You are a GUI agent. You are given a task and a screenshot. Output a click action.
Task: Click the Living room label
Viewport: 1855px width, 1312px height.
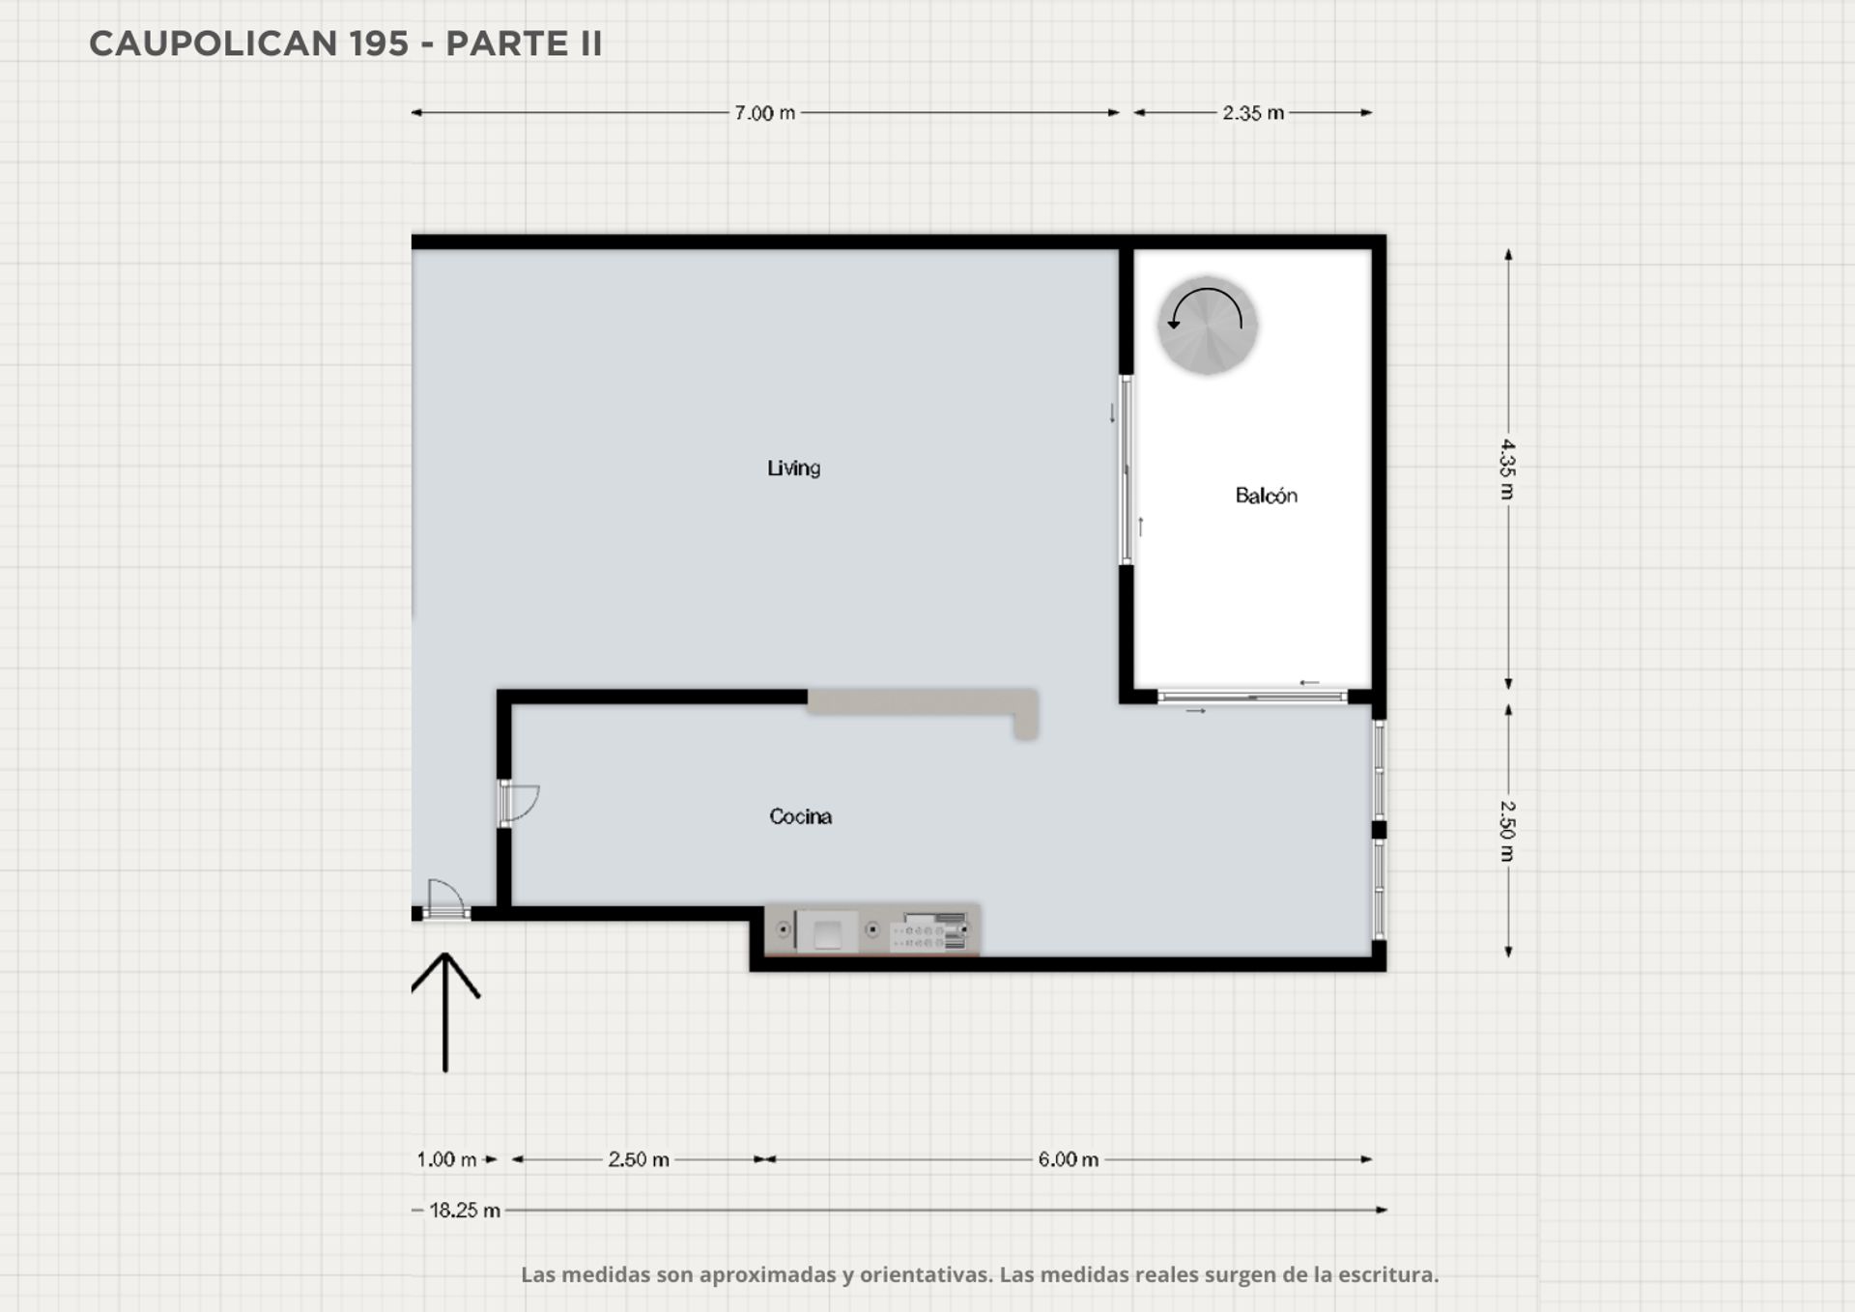(793, 469)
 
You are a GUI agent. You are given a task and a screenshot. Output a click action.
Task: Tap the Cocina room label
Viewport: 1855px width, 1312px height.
(800, 816)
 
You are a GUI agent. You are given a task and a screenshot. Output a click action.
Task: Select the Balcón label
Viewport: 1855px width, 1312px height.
(1266, 496)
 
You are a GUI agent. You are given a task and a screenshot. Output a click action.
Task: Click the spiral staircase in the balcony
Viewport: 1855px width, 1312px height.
(1208, 326)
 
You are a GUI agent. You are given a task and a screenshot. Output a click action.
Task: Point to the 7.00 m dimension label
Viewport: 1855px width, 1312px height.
(764, 113)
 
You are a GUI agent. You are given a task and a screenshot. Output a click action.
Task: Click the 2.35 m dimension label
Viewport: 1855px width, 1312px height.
(1253, 113)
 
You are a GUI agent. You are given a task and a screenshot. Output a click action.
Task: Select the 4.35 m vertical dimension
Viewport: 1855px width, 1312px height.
(1508, 470)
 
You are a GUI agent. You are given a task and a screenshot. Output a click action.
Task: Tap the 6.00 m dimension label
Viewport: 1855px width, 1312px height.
(1068, 1159)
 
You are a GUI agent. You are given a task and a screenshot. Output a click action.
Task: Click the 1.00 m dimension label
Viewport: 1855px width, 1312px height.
(446, 1159)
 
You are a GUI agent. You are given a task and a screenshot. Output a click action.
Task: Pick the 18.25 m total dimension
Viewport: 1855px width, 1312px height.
(465, 1211)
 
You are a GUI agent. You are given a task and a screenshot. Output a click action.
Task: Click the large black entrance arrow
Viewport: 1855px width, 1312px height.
(445, 1012)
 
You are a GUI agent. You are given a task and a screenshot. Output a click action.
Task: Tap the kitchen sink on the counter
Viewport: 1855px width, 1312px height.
(827, 931)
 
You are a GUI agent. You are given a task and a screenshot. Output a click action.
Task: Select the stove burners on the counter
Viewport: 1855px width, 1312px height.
(928, 931)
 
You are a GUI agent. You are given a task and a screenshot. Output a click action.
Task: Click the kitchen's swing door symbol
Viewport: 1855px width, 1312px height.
(518, 803)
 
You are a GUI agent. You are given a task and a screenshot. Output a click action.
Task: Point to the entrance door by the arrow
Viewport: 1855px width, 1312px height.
(445, 899)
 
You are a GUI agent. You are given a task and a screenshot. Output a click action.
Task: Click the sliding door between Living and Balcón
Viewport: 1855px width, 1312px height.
(1126, 470)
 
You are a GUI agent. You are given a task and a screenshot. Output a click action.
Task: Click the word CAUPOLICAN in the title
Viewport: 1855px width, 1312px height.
(214, 43)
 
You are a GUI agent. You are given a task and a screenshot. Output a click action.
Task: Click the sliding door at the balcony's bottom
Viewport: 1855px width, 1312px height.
(1252, 697)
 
